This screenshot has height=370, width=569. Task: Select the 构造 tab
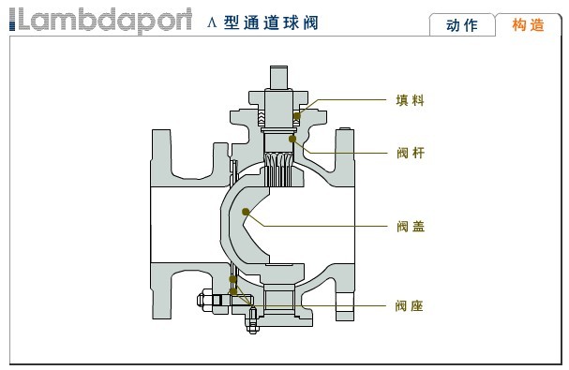pos(528,25)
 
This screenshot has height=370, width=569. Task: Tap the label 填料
pos(410,98)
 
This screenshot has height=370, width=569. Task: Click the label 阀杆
pos(410,151)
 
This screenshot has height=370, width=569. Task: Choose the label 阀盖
pos(410,226)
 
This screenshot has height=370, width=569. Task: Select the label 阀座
pos(410,305)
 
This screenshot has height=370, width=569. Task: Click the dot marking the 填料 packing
pos(297,115)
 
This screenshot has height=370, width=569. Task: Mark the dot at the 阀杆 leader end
pos(293,140)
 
